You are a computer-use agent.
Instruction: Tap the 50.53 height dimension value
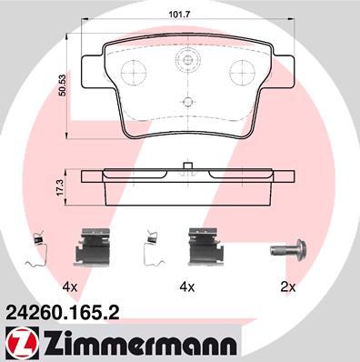tap(63, 85)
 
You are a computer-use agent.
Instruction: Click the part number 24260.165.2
tap(62, 313)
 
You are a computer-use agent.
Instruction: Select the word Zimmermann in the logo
tap(140, 344)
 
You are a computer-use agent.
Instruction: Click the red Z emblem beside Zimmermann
tap(23, 344)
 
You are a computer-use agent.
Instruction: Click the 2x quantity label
tap(287, 287)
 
